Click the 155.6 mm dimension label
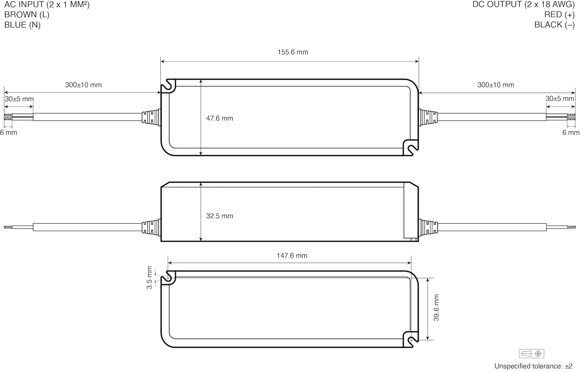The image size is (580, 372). pyautogui.click(x=293, y=52)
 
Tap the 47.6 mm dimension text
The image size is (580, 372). pyautogui.click(x=220, y=118)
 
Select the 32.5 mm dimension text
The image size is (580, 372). pyautogui.click(x=220, y=216)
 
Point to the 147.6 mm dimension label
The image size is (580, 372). pyautogui.click(x=292, y=256)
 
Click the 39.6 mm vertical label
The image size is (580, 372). pyautogui.click(x=436, y=307)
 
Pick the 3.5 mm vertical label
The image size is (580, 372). pyautogui.click(x=149, y=278)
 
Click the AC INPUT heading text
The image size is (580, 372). pyautogui.click(x=47, y=4)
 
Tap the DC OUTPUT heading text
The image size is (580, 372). pyautogui.click(x=524, y=4)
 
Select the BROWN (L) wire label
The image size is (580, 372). pyautogui.click(x=27, y=14)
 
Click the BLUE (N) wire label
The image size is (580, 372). pyautogui.click(x=22, y=25)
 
